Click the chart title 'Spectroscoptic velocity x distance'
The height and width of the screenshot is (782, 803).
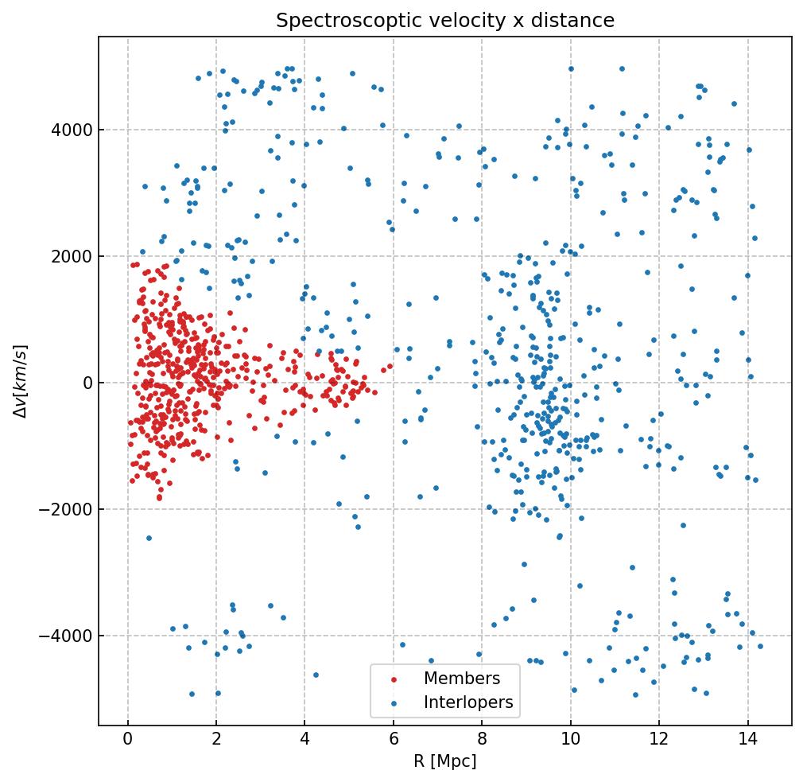tap(445, 21)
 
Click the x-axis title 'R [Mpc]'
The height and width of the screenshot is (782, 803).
tap(445, 761)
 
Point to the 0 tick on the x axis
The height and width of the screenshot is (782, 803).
tap(128, 741)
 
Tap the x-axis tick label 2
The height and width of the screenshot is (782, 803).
tap(216, 741)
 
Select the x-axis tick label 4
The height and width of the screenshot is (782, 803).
tap(305, 741)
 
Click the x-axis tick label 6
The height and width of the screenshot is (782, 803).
tap(394, 741)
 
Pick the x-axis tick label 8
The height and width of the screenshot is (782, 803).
tap(482, 741)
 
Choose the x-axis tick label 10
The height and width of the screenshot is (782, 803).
tap(570, 741)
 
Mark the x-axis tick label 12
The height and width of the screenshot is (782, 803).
tap(659, 741)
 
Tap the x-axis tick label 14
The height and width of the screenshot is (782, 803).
tap(747, 741)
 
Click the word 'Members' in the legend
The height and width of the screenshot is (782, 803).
tap(462, 679)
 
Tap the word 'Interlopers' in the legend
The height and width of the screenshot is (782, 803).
tap(468, 702)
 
